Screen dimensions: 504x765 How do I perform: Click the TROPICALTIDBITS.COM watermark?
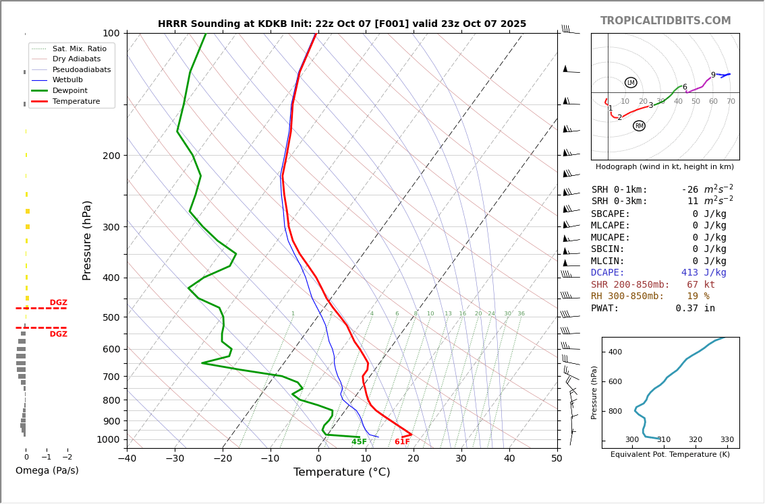click(x=665, y=21)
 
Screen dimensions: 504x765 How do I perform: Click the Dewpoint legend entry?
click(x=71, y=90)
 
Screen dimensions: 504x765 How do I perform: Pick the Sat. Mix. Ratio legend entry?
click(x=79, y=49)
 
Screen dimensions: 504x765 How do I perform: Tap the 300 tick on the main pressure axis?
click(x=111, y=227)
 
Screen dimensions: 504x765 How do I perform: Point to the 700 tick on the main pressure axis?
click(x=111, y=376)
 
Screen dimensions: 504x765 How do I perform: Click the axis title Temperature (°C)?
click(x=341, y=472)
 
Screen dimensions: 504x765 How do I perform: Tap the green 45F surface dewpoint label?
click(x=359, y=442)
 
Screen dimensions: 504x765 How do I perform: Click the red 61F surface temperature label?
click(x=402, y=442)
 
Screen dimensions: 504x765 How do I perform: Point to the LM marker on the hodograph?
click(x=631, y=83)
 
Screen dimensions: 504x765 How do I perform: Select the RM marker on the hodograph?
click(x=639, y=126)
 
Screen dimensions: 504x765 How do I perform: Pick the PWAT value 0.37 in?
click(x=695, y=309)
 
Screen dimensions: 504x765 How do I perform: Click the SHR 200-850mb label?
click(x=630, y=285)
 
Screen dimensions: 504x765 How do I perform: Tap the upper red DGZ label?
click(x=58, y=303)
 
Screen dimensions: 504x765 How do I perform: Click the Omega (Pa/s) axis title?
click(x=47, y=471)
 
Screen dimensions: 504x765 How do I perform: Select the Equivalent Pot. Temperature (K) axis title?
click(x=670, y=455)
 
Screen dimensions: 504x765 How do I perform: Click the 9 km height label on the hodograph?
click(x=713, y=75)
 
